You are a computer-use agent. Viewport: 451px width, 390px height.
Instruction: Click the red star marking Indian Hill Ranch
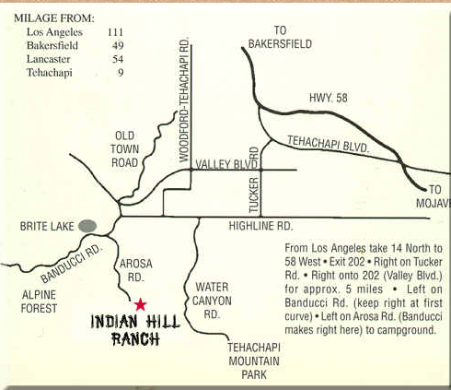pos(140,304)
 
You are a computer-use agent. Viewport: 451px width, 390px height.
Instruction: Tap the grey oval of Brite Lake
pos(88,225)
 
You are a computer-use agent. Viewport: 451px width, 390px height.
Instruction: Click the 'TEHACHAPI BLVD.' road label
pos(328,145)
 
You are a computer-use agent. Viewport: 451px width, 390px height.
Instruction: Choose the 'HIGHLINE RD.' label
pos(260,226)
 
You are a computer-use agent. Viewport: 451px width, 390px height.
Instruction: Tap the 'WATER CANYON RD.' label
pos(212,301)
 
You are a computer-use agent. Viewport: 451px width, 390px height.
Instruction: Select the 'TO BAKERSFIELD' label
pos(281,37)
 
